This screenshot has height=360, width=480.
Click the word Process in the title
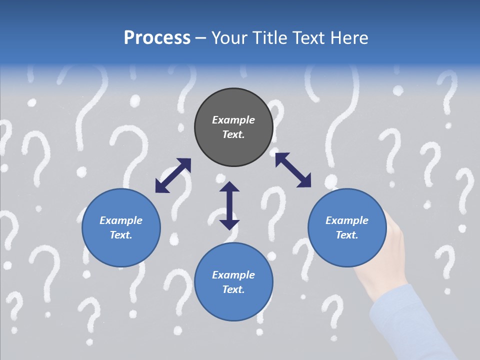tap(157, 38)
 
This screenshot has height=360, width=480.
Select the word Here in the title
tap(349, 38)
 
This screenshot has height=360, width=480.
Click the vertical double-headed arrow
tap(229, 205)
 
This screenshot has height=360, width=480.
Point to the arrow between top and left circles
tap(173, 175)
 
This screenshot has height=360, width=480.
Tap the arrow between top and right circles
tap(293, 170)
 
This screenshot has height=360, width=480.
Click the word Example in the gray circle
tap(233, 120)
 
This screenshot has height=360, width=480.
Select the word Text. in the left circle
tap(121, 235)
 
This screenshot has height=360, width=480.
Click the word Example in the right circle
tap(347, 220)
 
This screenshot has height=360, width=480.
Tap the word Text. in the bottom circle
tap(233, 289)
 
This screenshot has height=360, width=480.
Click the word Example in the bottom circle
tap(233, 275)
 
